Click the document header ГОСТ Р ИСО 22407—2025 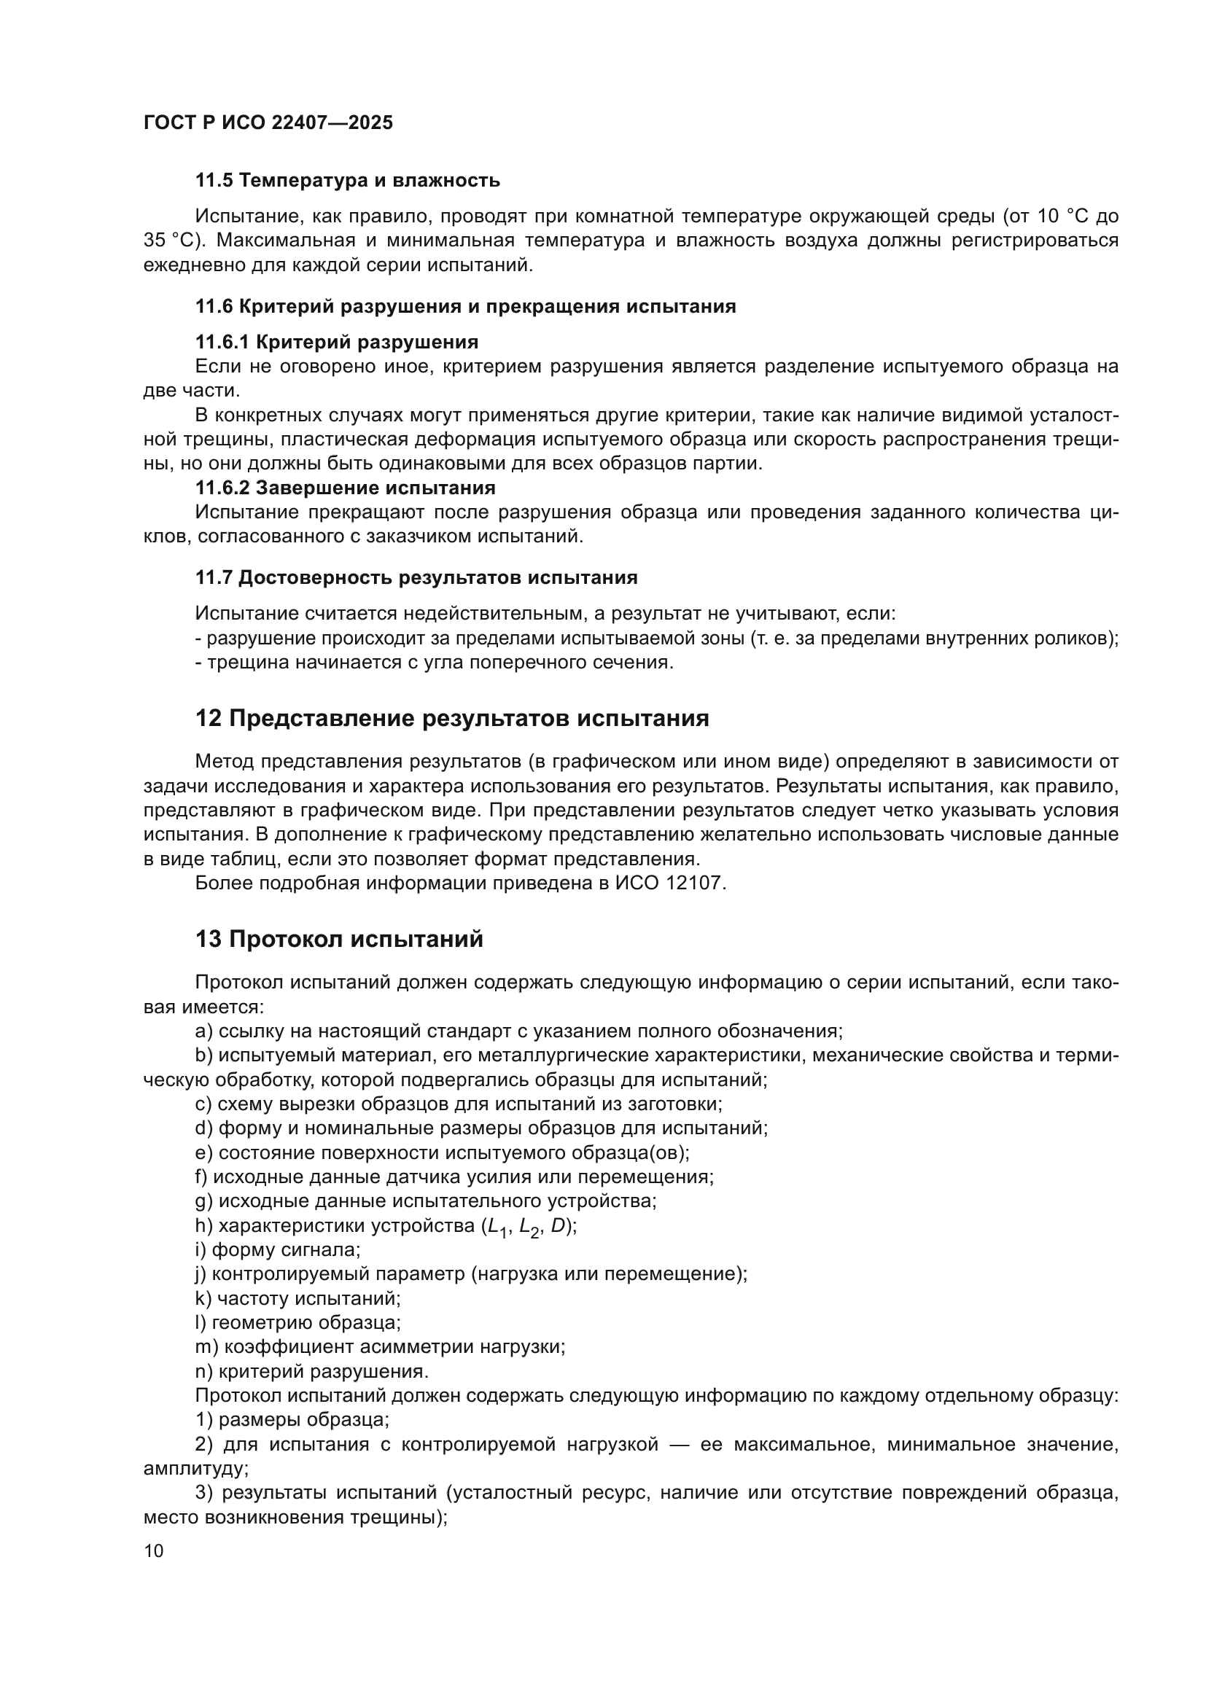point(268,122)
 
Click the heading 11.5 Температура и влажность point(348,181)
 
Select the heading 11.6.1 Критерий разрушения point(336,342)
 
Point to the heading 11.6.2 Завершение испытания point(346,488)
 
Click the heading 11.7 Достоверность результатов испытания point(416,577)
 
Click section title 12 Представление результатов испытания point(451,718)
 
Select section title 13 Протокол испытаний point(338,939)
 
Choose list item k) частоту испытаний point(297,1298)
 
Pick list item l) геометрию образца point(297,1322)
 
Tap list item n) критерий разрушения point(312,1371)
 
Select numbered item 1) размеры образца point(292,1419)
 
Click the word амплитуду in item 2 point(193,1468)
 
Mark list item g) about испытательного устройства point(426,1201)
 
